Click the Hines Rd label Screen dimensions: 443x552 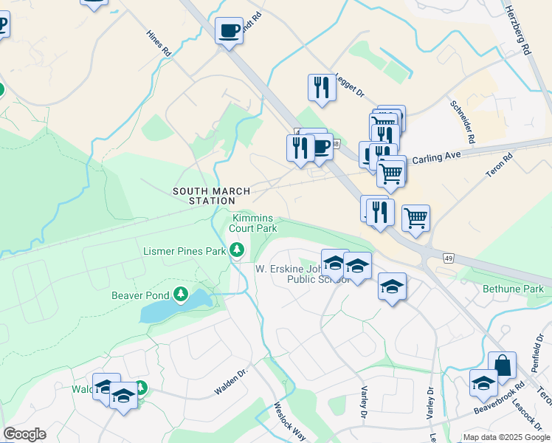[159, 44]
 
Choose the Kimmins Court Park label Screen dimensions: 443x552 [253, 223]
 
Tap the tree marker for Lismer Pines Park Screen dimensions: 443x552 [237, 251]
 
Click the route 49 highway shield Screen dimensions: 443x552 [448, 258]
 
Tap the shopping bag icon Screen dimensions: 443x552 [502, 365]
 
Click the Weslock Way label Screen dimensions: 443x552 [289, 420]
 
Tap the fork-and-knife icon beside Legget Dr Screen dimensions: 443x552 [321, 87]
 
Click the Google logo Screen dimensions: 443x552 [24, 434]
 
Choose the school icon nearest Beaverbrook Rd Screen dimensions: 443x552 [483, 382]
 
